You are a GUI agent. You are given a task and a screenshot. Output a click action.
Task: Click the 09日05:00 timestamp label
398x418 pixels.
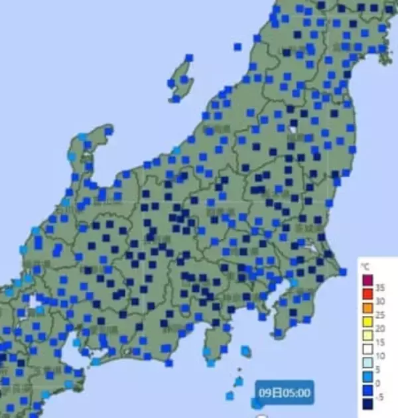285,392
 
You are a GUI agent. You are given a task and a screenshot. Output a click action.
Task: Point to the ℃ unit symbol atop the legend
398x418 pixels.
364,267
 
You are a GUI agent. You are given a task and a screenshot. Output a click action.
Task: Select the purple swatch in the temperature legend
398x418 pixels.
366,278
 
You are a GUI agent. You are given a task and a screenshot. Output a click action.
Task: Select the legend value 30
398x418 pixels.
381,301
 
